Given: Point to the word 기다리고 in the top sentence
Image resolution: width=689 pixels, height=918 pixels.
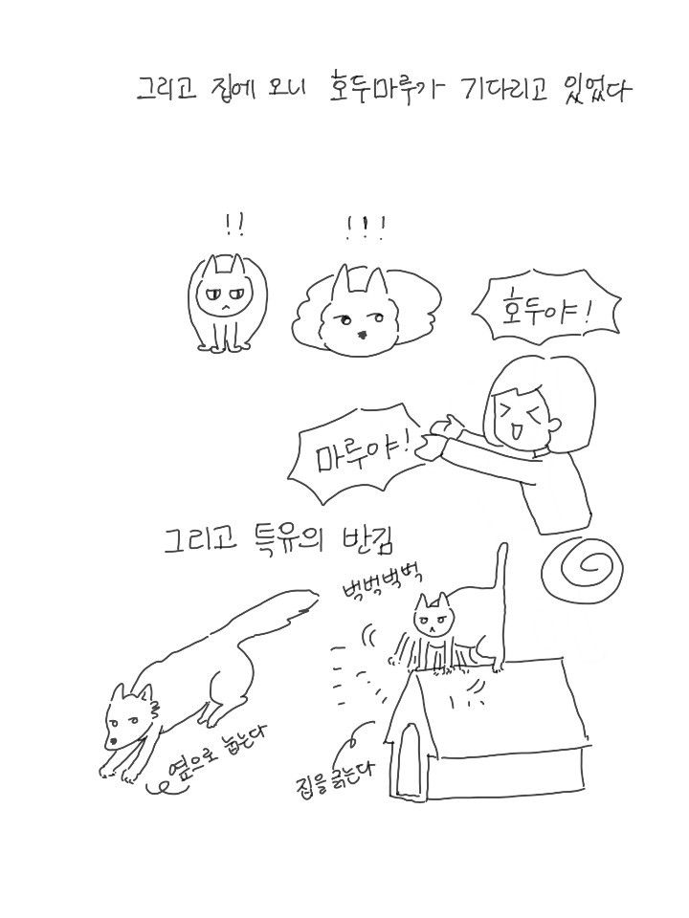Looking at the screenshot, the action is pos(503,92).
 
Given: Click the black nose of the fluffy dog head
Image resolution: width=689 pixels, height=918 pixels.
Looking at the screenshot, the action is pos(363,335).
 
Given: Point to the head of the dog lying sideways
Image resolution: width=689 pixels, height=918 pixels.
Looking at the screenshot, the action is pos(130,715).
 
